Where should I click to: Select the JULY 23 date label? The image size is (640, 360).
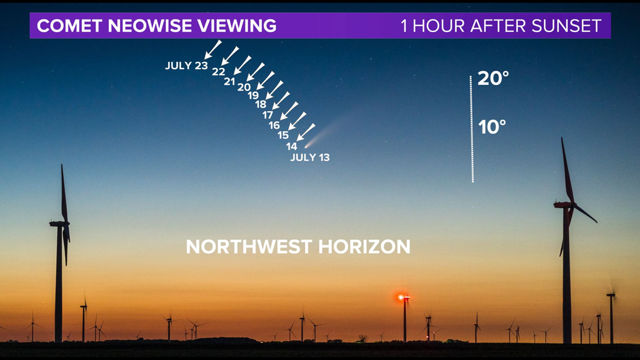pos(186,65)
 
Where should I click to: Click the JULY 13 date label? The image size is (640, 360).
pos(310,157)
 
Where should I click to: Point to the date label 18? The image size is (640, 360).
pos(261,104)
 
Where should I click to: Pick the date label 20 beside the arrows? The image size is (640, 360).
pos(244,87)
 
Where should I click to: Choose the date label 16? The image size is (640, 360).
pos(275,125)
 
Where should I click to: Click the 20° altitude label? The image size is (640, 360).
pos(493,79)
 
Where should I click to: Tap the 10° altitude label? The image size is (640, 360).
pos(492,127)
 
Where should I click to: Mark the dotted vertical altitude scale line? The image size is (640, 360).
pos(472,129)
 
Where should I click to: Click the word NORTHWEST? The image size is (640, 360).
pos(249,247)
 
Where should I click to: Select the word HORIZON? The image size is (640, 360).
pos(364,247)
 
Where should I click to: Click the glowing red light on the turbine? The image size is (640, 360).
pos(401,297)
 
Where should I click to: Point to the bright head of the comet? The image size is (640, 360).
pos(307,147)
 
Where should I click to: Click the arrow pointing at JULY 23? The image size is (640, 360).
pos(213,49)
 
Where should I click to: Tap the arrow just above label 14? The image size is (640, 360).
pos(306,132)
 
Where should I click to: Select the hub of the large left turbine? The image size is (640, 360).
pos(65,224)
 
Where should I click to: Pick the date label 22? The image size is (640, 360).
pos(219,72)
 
